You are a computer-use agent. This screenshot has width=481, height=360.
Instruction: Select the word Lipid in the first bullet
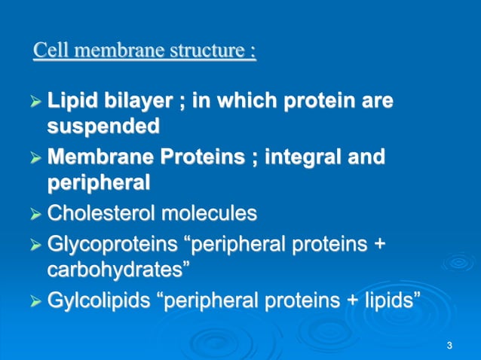click(67, 101)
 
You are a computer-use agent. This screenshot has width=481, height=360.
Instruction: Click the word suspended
click(103, 126)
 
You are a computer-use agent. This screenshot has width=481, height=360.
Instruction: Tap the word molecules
click(207, 213)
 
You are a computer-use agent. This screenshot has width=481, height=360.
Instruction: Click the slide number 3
click(449, 346)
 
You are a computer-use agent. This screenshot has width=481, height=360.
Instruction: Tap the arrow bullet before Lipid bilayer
click(37, 102)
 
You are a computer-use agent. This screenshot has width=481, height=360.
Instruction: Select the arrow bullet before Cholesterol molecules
click(37, 214)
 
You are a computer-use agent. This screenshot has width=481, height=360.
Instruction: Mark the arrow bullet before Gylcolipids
click(37, 302)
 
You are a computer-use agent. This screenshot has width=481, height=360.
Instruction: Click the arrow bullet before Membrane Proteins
click(37, 157)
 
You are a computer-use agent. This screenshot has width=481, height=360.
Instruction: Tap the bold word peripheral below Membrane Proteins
click(99, 182)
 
